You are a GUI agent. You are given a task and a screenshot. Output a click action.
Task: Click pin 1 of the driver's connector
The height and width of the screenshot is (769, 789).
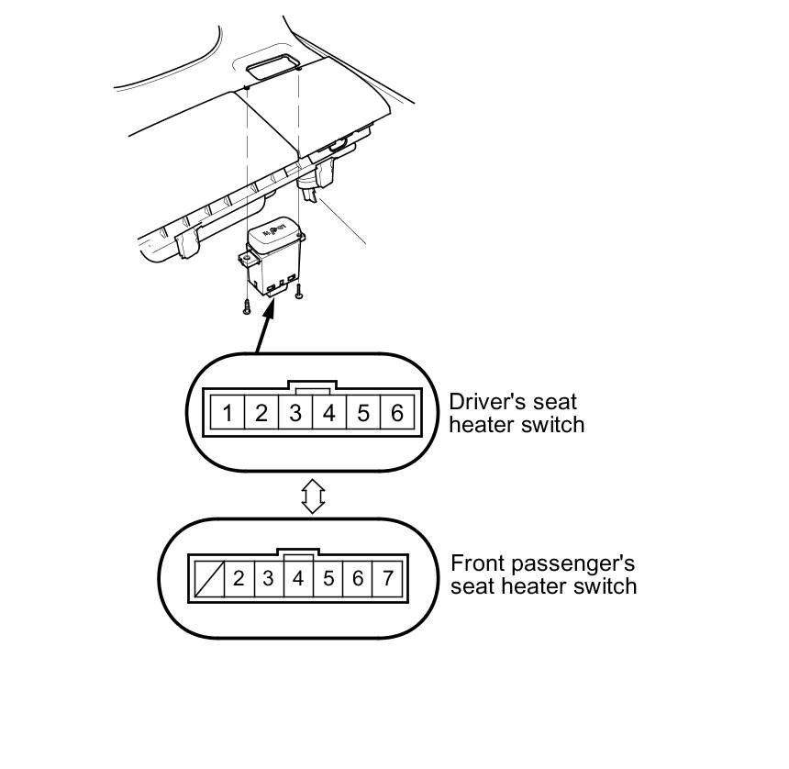[227, 413]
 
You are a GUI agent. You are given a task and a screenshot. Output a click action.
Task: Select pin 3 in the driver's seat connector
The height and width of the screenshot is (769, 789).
[294, 413]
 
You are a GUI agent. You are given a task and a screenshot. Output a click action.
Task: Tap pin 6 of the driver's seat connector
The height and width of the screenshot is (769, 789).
[396, 413]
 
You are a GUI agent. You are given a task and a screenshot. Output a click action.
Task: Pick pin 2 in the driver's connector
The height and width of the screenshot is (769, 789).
[261, 413]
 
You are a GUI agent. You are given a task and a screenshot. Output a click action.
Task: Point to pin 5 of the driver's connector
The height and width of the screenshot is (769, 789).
[363, 413]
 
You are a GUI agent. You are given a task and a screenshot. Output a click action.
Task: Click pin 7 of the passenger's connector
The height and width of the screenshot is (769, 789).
[387, 578]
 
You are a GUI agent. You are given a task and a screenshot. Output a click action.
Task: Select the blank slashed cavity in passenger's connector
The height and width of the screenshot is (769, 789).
[207, 578]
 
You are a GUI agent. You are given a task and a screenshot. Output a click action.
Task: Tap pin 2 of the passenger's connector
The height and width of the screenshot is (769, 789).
[239, 578]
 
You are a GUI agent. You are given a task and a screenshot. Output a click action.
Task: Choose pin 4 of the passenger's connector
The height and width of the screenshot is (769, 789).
[298, 578]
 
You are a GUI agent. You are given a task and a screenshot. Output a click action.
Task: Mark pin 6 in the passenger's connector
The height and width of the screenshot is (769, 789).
[358, 578]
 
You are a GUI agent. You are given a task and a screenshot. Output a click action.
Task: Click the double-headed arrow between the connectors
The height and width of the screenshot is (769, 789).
[312, 496]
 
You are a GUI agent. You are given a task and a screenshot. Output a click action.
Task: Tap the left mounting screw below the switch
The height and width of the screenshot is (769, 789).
[246, 308]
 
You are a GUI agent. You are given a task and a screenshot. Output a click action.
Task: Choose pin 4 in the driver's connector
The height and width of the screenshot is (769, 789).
[328, 413]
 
